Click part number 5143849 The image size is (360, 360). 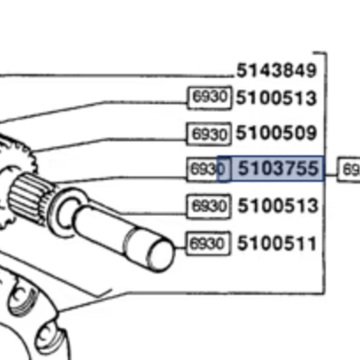coord(276,71)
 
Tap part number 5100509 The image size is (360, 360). coord(276,134)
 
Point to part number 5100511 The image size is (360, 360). coord(277,244)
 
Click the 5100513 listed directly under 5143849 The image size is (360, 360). coord(276,98)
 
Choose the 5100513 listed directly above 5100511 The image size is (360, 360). coord(277,206)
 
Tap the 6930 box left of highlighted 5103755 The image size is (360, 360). coord(203,169)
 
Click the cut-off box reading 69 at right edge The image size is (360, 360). coord(350,170)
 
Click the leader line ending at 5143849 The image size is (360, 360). coord(115,75)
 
